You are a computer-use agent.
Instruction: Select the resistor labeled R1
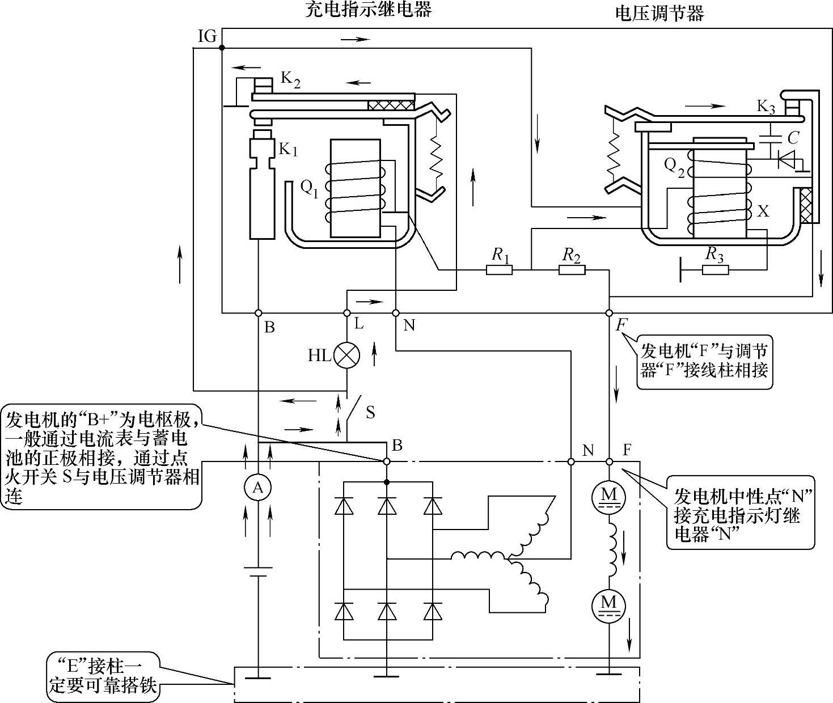pyautogui.click(x=500, y=270)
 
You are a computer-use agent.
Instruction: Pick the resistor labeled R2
pyautogui.click(x=572, y=270)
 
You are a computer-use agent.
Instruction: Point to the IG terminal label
pyautogui.click(x=208, y=37)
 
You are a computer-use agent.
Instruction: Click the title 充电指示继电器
pyautogui.click(x=368, y=10)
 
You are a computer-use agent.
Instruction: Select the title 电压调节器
pyautogui.click(x=659, y=12)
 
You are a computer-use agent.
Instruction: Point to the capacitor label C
pyautogui.click(x=793, y=137)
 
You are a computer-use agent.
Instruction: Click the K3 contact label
pyautogui.click(x=766, y=107)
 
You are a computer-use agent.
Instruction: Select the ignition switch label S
pyautogui.click(x=370, y=412)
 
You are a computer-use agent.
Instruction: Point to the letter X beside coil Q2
pyautogui.click(x=764, y=211)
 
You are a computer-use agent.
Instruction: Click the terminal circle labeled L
pyautogui.click(x=347, y=312)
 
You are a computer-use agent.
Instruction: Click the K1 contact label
pyautogui.click(x=287, y=149)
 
